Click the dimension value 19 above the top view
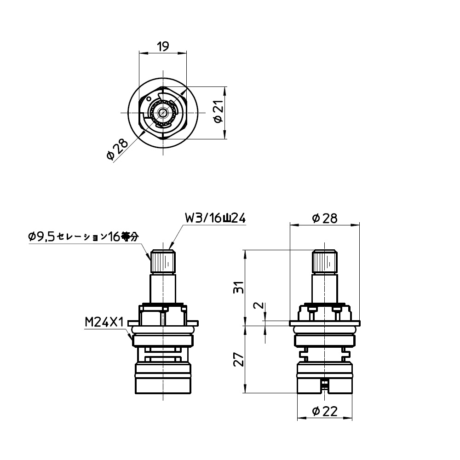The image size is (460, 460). [163, 46]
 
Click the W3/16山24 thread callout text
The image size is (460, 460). [214, 217]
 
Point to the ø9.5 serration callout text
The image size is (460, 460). [83, 237]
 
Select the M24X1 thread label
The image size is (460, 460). [104, 322]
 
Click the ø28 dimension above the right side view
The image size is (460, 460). [324, 218]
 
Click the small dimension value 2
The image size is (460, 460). [259, 306]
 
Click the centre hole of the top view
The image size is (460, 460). [163, 112]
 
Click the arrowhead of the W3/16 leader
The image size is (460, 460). [171, 248]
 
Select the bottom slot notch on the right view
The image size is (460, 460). [325, 385]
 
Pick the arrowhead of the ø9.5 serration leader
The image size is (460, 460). [149, 257]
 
